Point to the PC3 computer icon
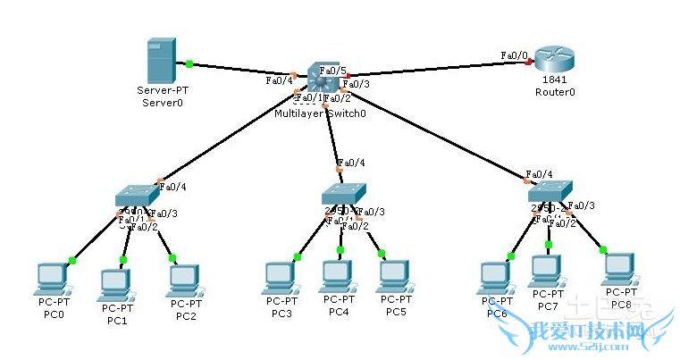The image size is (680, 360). [279, 278]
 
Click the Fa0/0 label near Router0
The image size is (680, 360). [514, 55]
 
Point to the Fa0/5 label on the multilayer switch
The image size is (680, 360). [332, 71]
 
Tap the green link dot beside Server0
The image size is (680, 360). [189, 63]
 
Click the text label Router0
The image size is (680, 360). [554, 92]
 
